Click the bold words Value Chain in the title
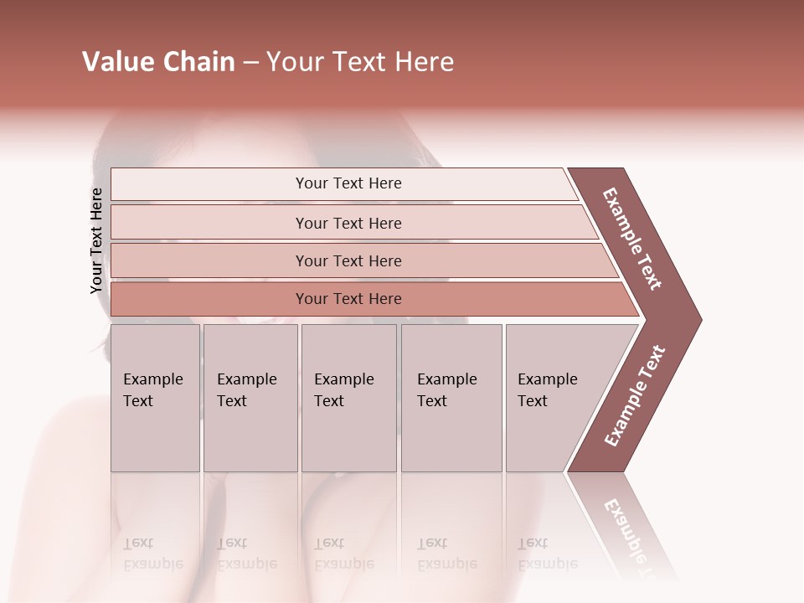(x=158, y=62)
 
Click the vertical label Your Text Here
(x=96, y=240)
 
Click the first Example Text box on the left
(x=155, y=398)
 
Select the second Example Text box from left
(x=250, y=398)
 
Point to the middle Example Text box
(x=348, y=398)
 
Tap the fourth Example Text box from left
(x=451, y=398)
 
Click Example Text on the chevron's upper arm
(x=632, y=239)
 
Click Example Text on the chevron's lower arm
(x=635, y=396)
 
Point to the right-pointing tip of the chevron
(x=697, y=319)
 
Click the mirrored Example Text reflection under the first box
(x=153, y=554)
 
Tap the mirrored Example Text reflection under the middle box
(x=344, y=554)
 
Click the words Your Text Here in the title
(x=360, y=62)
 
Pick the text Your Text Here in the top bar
(x=348, y=183)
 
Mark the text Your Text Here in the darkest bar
(x=348, y=299)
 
